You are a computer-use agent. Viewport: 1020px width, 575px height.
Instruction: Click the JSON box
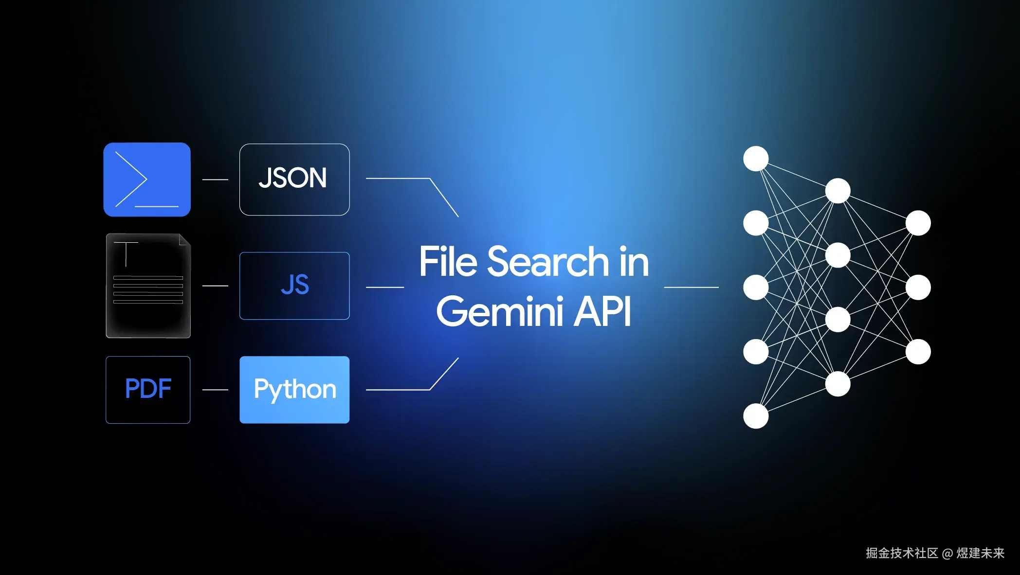294,180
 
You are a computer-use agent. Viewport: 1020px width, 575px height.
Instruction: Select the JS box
294,286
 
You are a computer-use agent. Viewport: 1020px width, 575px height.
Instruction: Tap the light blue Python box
294,390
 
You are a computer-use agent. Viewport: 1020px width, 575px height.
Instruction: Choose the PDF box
148,390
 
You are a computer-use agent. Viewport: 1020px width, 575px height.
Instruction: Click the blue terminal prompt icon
147,180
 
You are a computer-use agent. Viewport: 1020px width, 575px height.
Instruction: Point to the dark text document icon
148,286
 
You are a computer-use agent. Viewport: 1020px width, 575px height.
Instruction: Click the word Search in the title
548,262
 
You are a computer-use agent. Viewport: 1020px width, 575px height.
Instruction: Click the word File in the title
448,262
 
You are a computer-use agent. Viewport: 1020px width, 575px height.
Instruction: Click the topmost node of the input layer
756,159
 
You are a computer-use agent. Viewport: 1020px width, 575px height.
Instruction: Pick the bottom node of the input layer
756,416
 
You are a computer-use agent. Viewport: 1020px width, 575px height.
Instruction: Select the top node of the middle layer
838,191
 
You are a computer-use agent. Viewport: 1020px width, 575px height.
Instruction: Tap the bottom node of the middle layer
838,384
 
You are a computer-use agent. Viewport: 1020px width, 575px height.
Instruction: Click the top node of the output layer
918,223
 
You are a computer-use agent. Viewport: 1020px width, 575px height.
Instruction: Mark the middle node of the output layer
918,287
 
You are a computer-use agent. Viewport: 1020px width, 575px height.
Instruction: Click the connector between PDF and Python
215,390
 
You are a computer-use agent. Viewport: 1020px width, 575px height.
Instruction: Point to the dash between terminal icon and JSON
215,180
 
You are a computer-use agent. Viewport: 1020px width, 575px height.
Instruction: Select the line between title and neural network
691,287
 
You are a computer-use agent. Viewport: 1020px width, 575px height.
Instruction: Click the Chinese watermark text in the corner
935,553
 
